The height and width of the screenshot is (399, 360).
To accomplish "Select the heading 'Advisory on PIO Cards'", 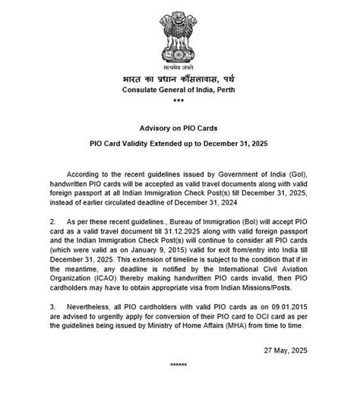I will coord(178,130).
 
